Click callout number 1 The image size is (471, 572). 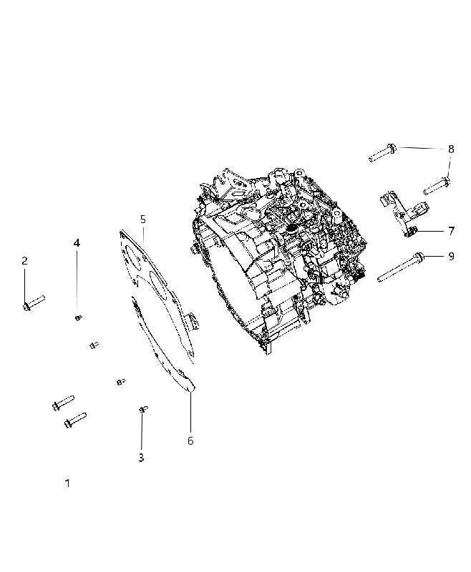67,483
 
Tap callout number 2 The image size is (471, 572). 24,260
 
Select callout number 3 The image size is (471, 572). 141,458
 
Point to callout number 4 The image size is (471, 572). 77,242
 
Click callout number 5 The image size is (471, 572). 142,220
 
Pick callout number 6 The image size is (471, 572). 190,440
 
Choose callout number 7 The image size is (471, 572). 451,231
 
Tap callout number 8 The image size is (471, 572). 451,149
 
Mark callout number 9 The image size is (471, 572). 451,256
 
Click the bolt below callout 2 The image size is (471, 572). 33,303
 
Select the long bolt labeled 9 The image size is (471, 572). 401,267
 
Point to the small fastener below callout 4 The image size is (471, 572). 78,317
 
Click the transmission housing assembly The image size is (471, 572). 278,259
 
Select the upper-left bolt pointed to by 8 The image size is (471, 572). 383,153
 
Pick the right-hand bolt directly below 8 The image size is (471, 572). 437,186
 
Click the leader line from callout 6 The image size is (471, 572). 190,413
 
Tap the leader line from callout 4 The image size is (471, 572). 77,282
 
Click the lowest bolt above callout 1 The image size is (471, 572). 75,420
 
